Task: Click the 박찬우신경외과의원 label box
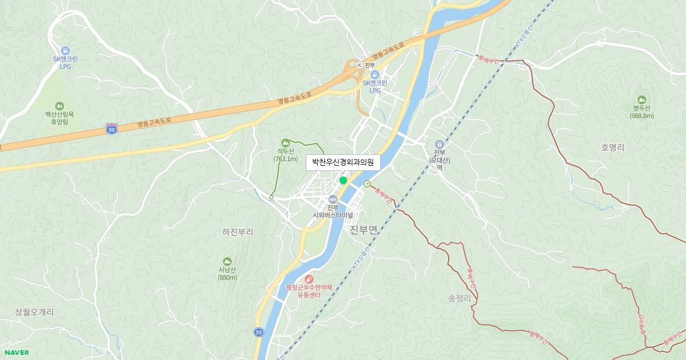[x=342, y=163]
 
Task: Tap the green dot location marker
[x=343, y=181]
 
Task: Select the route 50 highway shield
[x=111, y=130]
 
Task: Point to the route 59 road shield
[x=259, y=332]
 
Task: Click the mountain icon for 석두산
[x=285, y=142]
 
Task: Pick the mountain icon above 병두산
[x=641, y=99]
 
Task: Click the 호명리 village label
[x=612, y=147]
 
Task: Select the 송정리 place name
[x=459, y=298]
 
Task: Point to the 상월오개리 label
[x=34, y=312]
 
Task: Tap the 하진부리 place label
[x=237, y=232]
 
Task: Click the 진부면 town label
[x=363, y=230]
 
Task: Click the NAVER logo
[x=17, y=353]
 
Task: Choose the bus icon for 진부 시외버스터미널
[x=333, y=198]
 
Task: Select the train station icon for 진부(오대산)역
[x=439, y=144]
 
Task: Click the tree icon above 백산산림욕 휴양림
[x=59, y=106]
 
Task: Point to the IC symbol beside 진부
[x=359, y=65]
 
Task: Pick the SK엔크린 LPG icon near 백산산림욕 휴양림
[x=65, y=51]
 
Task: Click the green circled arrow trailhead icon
[x=367, y=183]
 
